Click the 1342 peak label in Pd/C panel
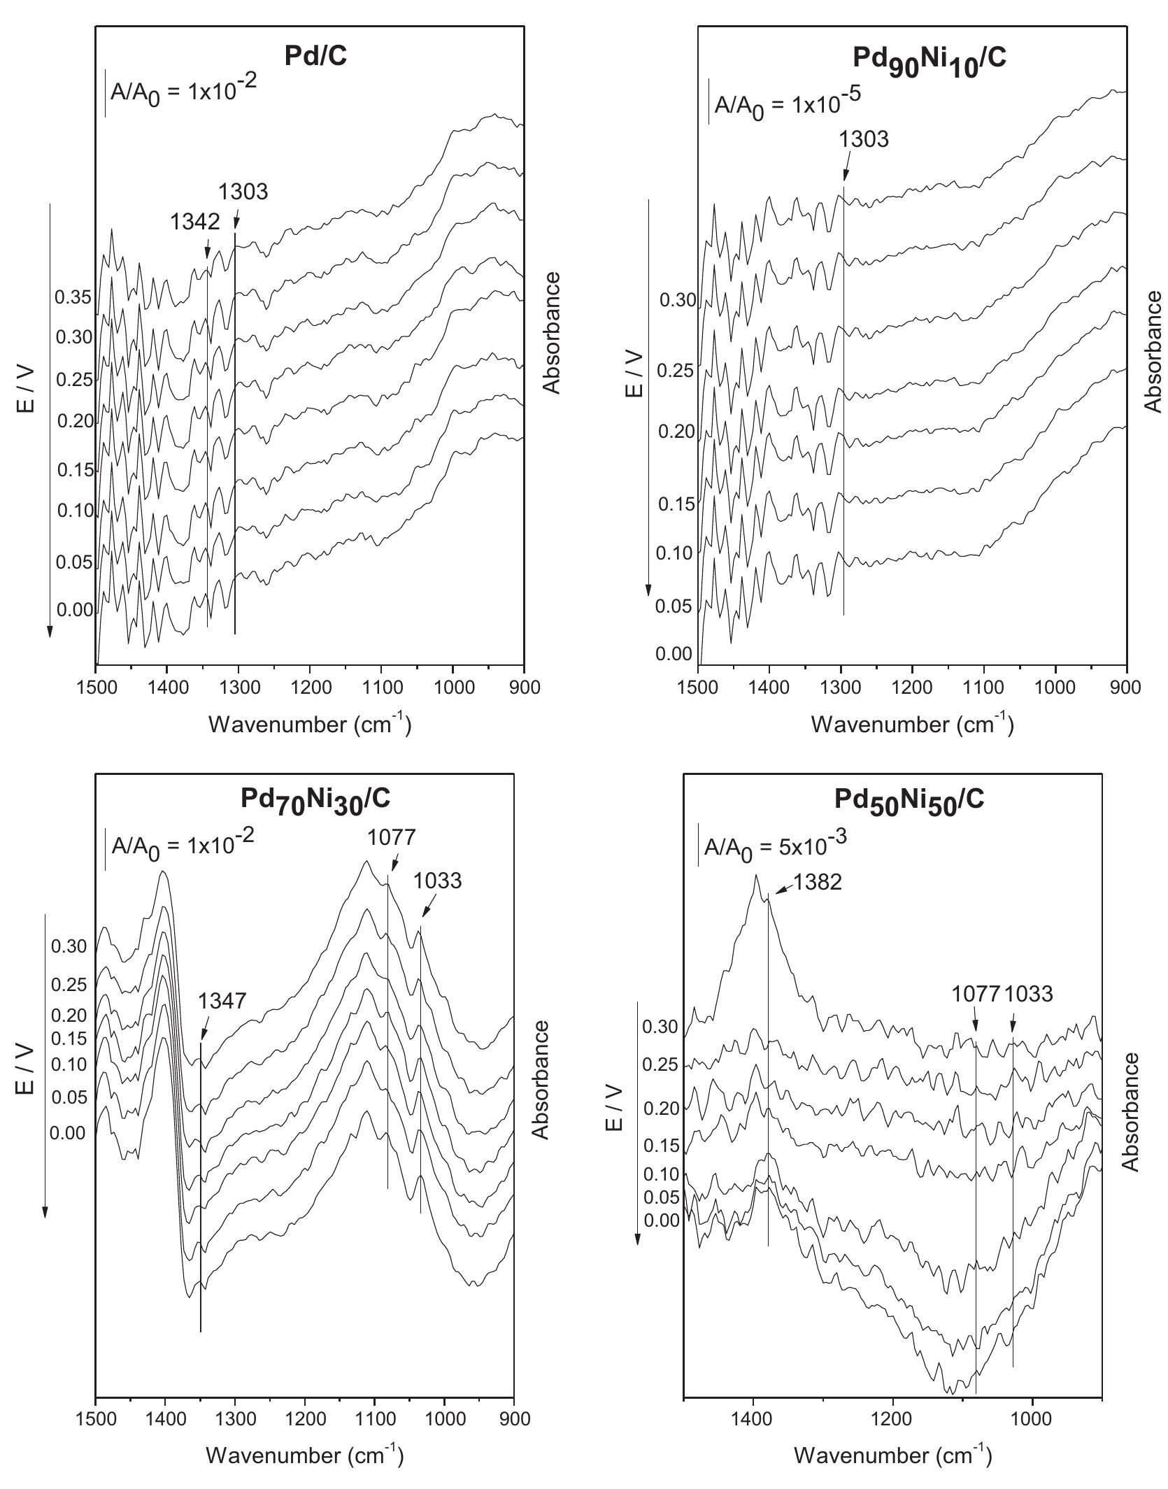tap(195, 222)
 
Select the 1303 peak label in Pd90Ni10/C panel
tap(864, 139)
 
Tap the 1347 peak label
tap(222, 1001)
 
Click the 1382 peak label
tap(818, 882)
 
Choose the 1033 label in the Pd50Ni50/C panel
tap(1029, 994)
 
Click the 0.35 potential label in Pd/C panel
tap(73, 298)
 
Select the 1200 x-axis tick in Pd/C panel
tap(309, 687)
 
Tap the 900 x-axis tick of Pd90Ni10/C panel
tap(1125, 687)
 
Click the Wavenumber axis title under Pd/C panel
tap(309, 725)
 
